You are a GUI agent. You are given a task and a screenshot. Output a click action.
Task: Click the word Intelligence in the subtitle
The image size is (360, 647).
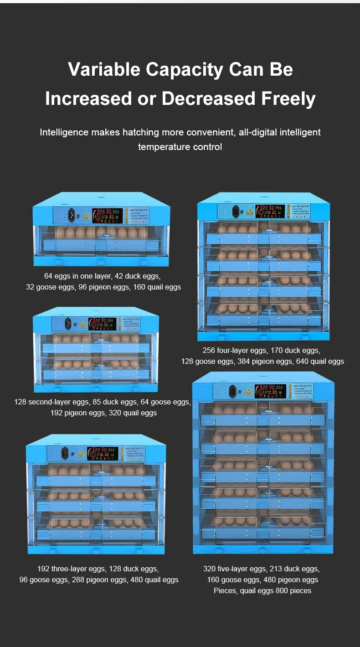click(x=64, y=132)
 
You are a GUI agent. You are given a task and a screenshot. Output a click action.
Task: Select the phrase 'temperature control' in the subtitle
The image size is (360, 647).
click(x=180, y=147)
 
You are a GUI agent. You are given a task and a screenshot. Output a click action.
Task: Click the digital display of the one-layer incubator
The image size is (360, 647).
click(x=106, y=215)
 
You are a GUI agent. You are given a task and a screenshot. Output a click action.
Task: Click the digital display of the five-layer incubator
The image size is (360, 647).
click(x=270, y=390)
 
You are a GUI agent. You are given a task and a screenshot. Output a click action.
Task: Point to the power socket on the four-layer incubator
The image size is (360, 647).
click(x=236, y=212)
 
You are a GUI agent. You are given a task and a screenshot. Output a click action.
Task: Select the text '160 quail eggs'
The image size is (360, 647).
click(x=157, y=287)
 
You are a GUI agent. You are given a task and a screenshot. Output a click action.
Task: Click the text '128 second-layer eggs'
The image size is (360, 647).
click(x=51, y=402)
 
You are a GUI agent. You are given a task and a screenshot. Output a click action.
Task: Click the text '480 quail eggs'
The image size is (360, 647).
click(x=154, y=580)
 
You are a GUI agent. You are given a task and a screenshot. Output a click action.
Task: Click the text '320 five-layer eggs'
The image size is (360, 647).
click(x=234, y=569)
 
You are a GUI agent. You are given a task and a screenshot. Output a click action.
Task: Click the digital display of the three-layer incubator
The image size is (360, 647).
click(x=103, y=453)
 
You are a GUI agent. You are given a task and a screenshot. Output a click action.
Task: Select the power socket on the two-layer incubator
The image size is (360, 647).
click(x=68, y=323)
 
